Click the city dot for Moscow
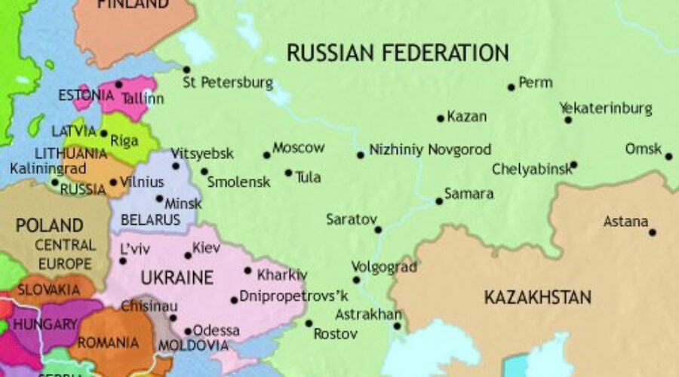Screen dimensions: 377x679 pos(266,155)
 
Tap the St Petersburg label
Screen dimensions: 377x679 pos(228,82)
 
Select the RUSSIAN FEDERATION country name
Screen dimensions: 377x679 pos(398,53)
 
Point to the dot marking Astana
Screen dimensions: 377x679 pos(653,232)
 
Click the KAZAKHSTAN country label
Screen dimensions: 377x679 pos(537,296)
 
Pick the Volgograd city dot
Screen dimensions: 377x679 pos(357,280)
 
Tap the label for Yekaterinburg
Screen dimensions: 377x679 pos(606,109)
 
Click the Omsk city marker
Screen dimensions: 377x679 pos(668,157)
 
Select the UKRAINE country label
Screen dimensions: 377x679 pos(177,277)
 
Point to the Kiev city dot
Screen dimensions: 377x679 pos(188,255)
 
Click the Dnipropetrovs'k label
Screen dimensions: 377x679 pos(294,296)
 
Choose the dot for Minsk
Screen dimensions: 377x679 pos(159,199)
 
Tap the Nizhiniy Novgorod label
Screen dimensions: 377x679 pos(430,150)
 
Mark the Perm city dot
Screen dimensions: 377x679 pos(512,87)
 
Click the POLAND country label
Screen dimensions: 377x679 pos(49,225)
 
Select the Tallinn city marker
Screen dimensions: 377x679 pos(119,84)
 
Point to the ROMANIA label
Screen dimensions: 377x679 pos(108,343)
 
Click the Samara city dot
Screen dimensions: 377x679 pos(439,201)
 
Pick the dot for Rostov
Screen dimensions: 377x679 pos(309,323)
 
